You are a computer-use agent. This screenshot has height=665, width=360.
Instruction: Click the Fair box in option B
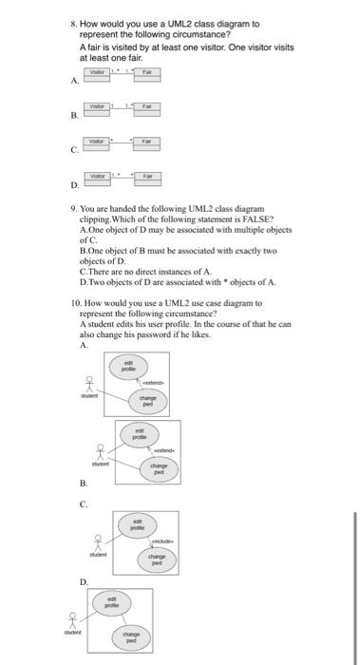pyautogui.click(x=147, y=107)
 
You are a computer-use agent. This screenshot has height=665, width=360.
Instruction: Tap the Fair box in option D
pyautogui.click(x=147, y=176)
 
